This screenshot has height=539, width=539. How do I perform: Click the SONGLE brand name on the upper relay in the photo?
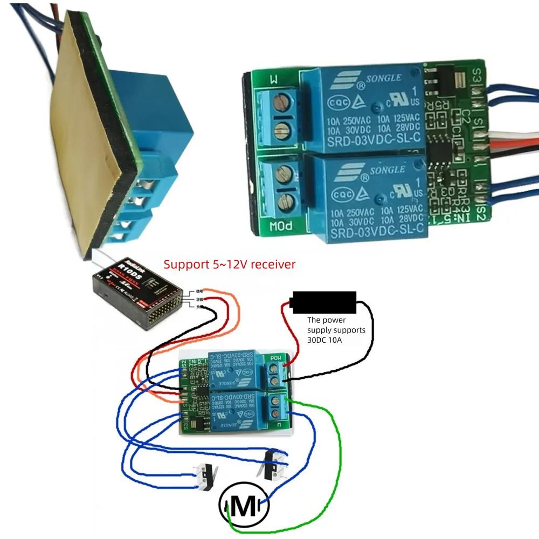(x=384, y=79)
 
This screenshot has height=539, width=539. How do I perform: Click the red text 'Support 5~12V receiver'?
(x=230, y=265)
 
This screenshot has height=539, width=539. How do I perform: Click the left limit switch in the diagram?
(x=205, y=474)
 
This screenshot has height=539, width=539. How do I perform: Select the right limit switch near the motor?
(x=273, y=464)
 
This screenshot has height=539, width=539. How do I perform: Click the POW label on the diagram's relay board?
(x=275, y=358)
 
